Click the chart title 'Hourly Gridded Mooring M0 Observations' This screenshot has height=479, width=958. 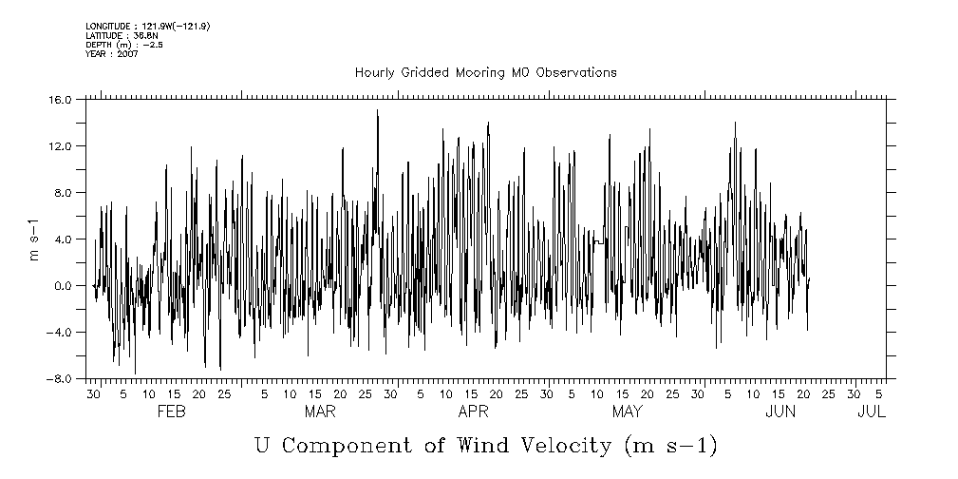(485, 72)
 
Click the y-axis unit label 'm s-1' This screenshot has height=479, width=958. (34, 239)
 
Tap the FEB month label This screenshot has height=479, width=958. (171, 412)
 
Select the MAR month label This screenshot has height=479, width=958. (320, 412)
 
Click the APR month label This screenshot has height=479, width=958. (473, 412)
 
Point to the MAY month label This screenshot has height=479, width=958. (627, 412)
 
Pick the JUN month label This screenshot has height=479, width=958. (780, 412)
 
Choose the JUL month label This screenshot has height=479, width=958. (871, 412)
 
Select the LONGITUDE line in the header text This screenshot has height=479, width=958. (147, 26)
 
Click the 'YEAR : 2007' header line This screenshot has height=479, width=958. (112, 54)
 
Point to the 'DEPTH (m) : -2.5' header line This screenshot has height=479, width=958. (124, 45)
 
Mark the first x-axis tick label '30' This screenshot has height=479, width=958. (94, 393)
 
